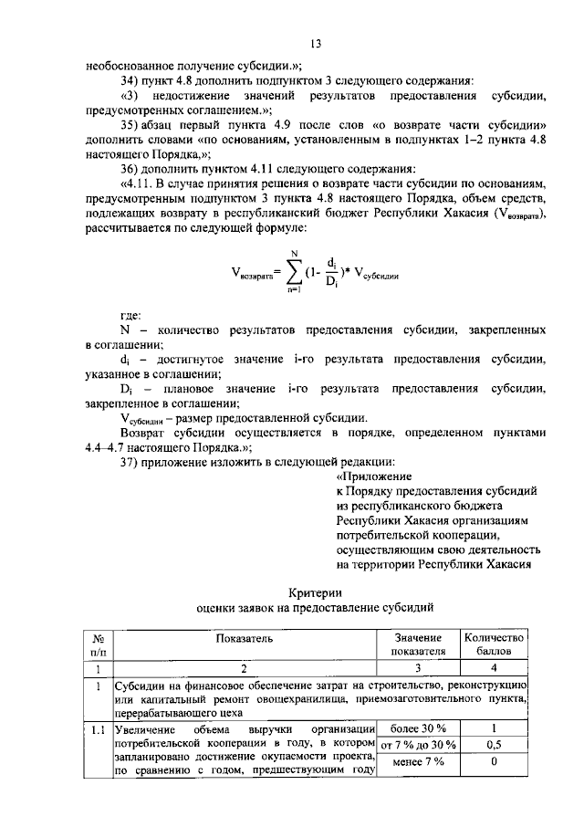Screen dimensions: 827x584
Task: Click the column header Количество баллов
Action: click(494, 644)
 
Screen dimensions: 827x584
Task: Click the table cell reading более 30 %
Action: click(417, 728)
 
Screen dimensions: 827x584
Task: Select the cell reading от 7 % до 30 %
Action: click(417, 745)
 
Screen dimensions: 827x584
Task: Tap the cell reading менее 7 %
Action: click(417, 762)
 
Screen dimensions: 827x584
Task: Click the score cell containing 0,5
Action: click(494, 745)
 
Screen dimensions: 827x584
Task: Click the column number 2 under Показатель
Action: click(244, 668)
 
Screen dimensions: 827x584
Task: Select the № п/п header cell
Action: click(97, 644)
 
